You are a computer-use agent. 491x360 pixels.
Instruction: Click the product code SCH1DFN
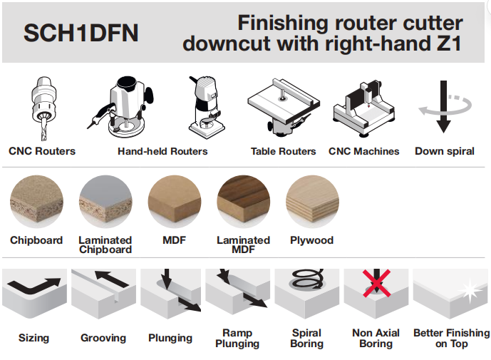[81, 33]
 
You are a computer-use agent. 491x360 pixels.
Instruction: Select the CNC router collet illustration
[44, 108]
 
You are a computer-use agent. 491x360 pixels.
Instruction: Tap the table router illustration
[284, 107]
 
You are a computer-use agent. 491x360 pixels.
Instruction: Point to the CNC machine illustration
[364, 108]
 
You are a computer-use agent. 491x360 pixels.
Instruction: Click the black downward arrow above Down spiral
[443, 106]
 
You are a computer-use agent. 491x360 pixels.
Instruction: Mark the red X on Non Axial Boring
[377, 283]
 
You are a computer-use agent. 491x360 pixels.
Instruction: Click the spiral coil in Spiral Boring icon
[307, 279]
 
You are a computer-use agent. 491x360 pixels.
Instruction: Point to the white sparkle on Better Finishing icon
[470, 290]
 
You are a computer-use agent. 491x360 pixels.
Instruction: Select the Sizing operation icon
[34, 294]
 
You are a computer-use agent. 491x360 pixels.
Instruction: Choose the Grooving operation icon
[103, 294]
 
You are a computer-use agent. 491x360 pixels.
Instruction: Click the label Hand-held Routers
[162, 151]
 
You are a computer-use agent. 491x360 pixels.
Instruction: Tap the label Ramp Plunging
[237, 339]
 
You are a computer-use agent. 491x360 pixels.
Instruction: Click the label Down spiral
[445, 151]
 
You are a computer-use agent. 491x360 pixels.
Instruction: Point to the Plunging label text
[170, 339]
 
